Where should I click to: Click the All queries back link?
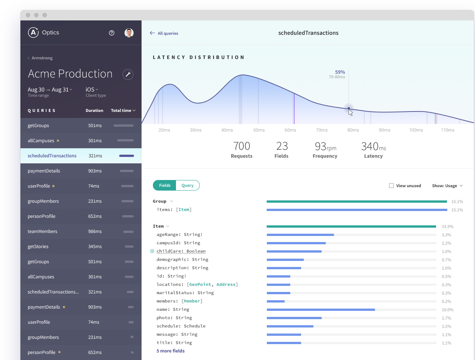(164, 33)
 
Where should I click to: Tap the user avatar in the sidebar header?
(129, 33)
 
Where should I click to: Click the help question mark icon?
(112, 33)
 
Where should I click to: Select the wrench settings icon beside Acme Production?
(128, 74)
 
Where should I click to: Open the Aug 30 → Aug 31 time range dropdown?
(50, 90)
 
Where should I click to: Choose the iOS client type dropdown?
(92, 90)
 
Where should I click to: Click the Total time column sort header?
(123, 110)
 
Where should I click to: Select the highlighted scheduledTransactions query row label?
(52, 156)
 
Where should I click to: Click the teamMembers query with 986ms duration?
(42, 231)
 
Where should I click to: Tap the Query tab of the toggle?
(187, 185)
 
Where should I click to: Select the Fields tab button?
(165, 185)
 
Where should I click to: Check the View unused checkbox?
(391, 186)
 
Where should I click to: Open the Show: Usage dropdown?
(447, 186)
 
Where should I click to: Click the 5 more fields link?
(171, 351)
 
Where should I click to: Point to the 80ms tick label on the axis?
(353, 130)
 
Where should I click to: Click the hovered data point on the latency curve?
(349, 109)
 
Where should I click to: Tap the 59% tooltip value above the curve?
(340, 72)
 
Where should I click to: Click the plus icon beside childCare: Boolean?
(152, 251)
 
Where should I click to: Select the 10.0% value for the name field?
(447, 310)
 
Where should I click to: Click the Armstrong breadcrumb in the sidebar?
(42, 58)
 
